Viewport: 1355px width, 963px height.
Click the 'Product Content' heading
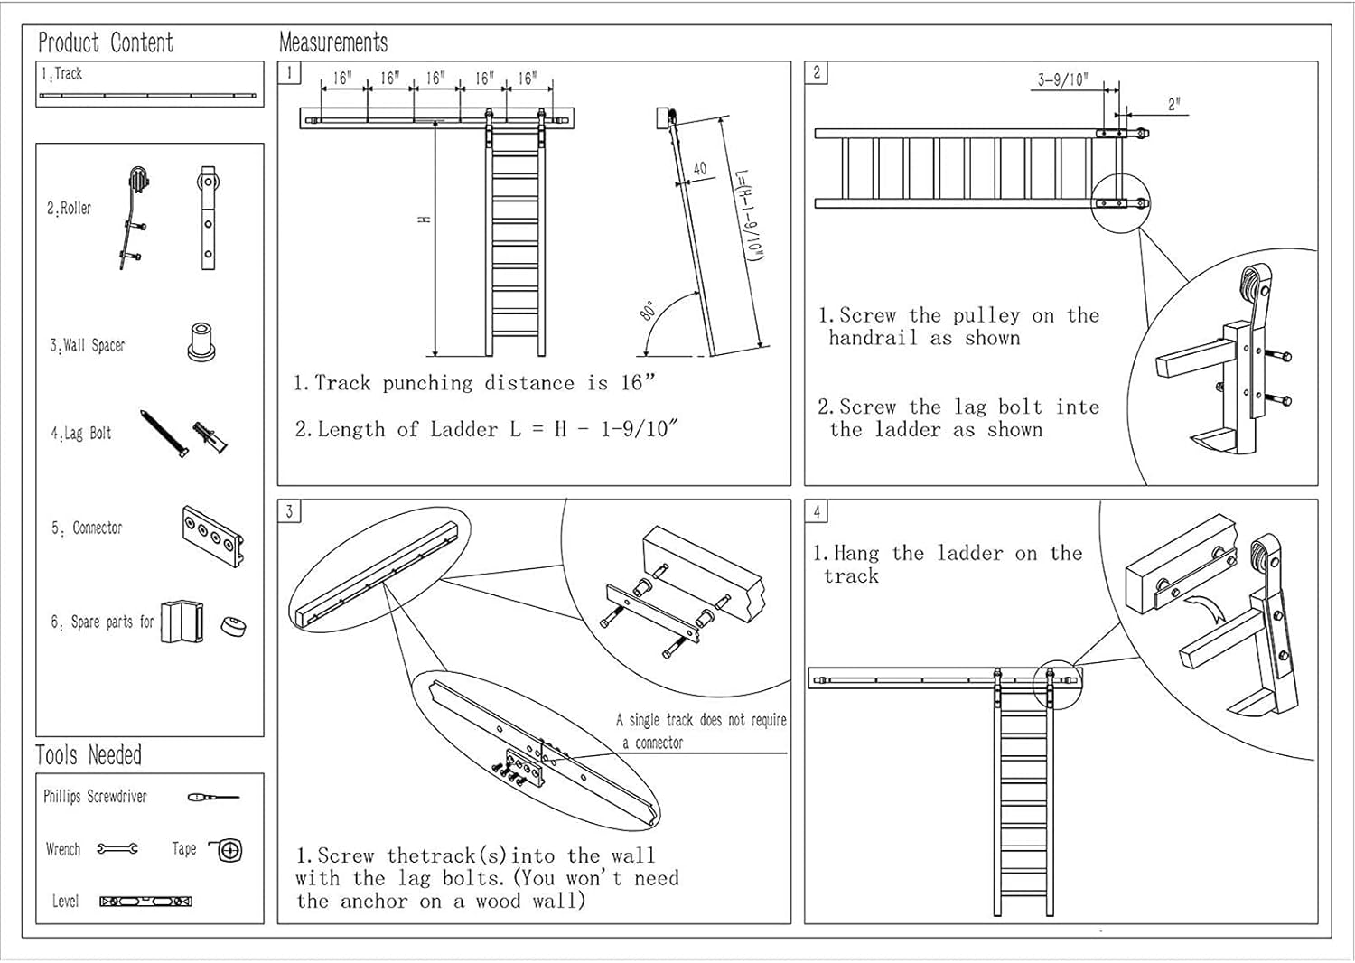[106, 42]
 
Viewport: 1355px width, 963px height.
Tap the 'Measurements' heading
[333, 42]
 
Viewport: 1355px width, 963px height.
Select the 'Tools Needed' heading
[89, 755]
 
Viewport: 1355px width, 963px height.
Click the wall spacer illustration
[201, 341]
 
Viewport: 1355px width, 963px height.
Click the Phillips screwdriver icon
[212, 797]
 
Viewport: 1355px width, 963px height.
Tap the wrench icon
[117, 848]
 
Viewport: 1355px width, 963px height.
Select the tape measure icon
[227, 850]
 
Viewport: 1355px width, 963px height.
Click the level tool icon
[145, 901]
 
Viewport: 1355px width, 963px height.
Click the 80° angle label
[647, 310]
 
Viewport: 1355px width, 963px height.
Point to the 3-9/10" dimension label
[1062, 80]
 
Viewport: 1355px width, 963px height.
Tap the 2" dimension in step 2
[1173, 104]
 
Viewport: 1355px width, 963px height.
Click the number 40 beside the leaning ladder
[699, 168]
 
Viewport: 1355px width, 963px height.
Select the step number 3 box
[289, 511]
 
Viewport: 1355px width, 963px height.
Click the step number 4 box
[817, 511]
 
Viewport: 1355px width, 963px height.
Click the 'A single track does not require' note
[701, 720]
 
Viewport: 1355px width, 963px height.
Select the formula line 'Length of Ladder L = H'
[486, 429]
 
